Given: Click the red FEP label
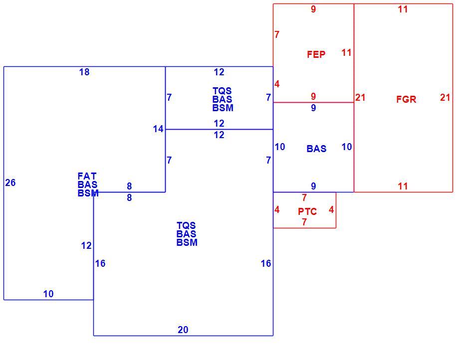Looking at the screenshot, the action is (316, 54).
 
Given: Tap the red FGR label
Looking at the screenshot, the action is (406, 99).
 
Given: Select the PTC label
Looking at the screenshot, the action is (307, 211).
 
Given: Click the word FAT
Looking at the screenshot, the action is (87, 176).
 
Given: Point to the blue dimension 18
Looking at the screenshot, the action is (84, 72).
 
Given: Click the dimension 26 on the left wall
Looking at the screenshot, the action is (10, 182).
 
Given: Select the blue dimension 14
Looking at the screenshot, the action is (158, 129).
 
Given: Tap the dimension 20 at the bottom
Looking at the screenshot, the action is (183, 330).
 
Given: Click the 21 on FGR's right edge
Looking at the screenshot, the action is (445, 98).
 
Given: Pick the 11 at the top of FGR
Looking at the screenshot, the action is (403, 9).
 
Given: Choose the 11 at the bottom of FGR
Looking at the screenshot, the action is (403, 186).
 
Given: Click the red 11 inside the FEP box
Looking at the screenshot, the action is (346, 52).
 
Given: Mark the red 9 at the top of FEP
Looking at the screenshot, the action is (313, 9).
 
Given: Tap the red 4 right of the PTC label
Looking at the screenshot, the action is (331, 209).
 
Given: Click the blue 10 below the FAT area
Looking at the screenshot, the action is (48, 294).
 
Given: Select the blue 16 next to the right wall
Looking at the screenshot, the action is (266, 263).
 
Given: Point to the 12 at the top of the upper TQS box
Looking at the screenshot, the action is (219, 72).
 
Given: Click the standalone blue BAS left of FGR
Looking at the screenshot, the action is (316, 149).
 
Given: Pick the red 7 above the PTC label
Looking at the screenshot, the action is (304, 197).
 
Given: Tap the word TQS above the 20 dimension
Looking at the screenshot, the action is (186, 225).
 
